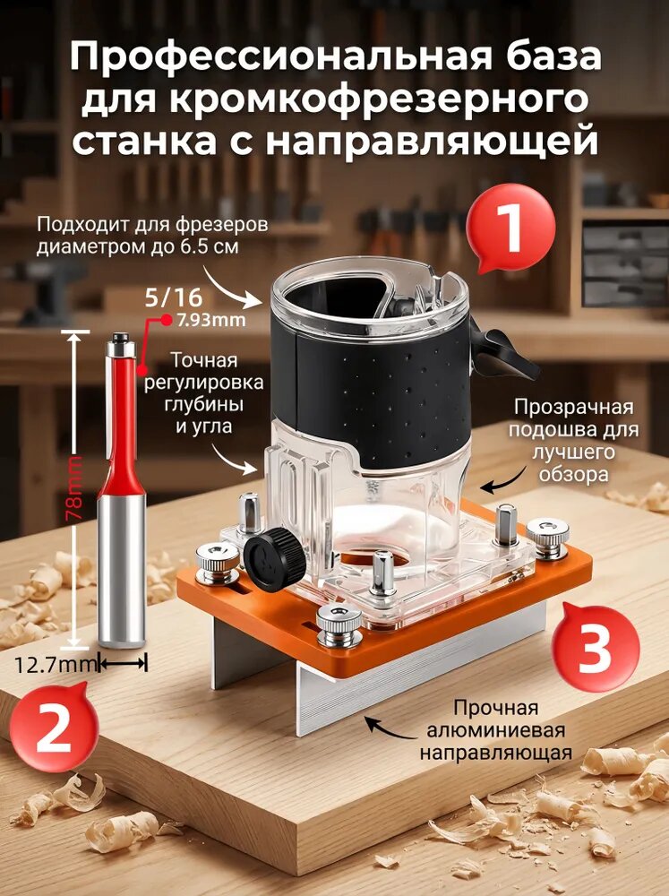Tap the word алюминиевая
(494, 730)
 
